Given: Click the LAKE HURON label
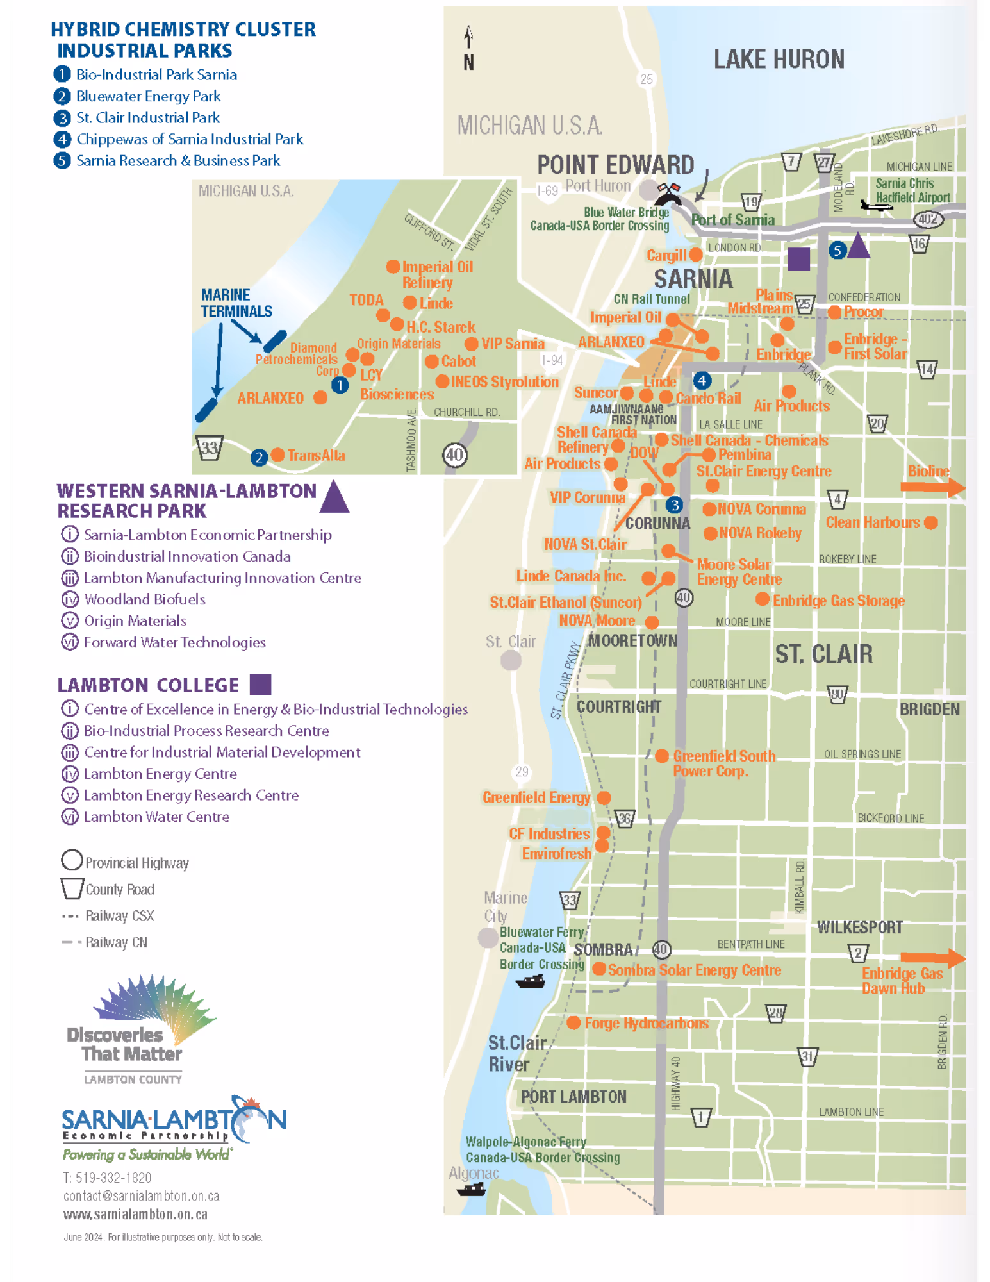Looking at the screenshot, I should (779, 60).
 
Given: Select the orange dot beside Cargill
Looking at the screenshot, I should (695, 254).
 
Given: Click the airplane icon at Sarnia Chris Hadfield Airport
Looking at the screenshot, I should (876, 206).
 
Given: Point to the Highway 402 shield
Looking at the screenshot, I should (928, 219).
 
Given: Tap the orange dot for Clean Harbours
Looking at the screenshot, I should (931, 522).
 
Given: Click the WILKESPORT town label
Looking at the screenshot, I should (859, 928).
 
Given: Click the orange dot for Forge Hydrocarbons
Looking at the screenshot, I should (573, 1023).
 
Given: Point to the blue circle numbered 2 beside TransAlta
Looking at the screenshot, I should (259, 457).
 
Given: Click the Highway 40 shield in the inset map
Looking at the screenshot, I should (454, 455).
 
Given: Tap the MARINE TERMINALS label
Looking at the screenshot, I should (236, 303).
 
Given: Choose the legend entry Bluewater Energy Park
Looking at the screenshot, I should (148, 96).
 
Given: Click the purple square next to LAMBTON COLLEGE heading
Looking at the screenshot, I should (260, 685).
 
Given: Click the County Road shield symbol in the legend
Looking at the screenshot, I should (72, 888).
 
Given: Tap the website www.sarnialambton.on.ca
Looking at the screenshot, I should (135, 1215).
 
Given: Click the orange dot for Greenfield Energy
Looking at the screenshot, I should (604, 797).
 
